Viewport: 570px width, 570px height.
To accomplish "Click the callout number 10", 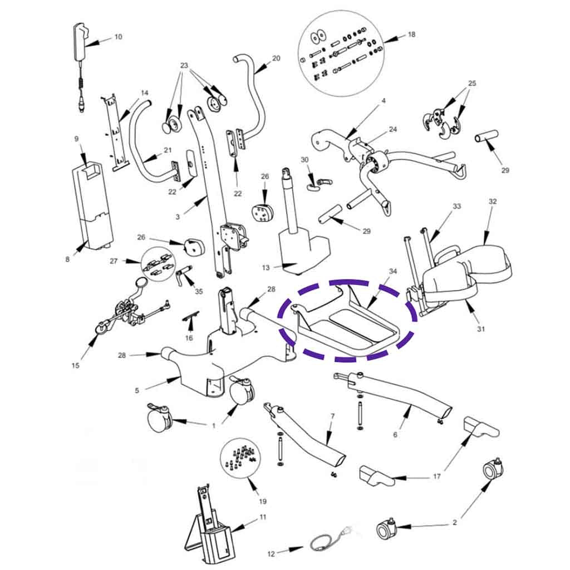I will pos(118,37).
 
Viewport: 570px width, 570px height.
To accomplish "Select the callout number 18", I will pos(411,35).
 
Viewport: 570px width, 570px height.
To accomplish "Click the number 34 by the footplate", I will pos(393,271).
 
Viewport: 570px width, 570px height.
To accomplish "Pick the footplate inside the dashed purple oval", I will pos(348,323).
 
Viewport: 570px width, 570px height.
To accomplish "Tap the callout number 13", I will pos(266,268).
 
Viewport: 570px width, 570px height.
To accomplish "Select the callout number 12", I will pos(271,554).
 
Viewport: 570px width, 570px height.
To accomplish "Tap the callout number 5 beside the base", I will pos(137,390).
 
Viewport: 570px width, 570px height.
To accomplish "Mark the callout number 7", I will pos(332,416).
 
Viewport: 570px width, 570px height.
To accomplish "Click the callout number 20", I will pos(276,58).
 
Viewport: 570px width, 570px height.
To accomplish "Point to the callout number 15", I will pos(76,366).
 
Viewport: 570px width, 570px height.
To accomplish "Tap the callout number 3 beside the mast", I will pos(178,217).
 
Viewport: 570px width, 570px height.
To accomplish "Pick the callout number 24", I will pos(393,129).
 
